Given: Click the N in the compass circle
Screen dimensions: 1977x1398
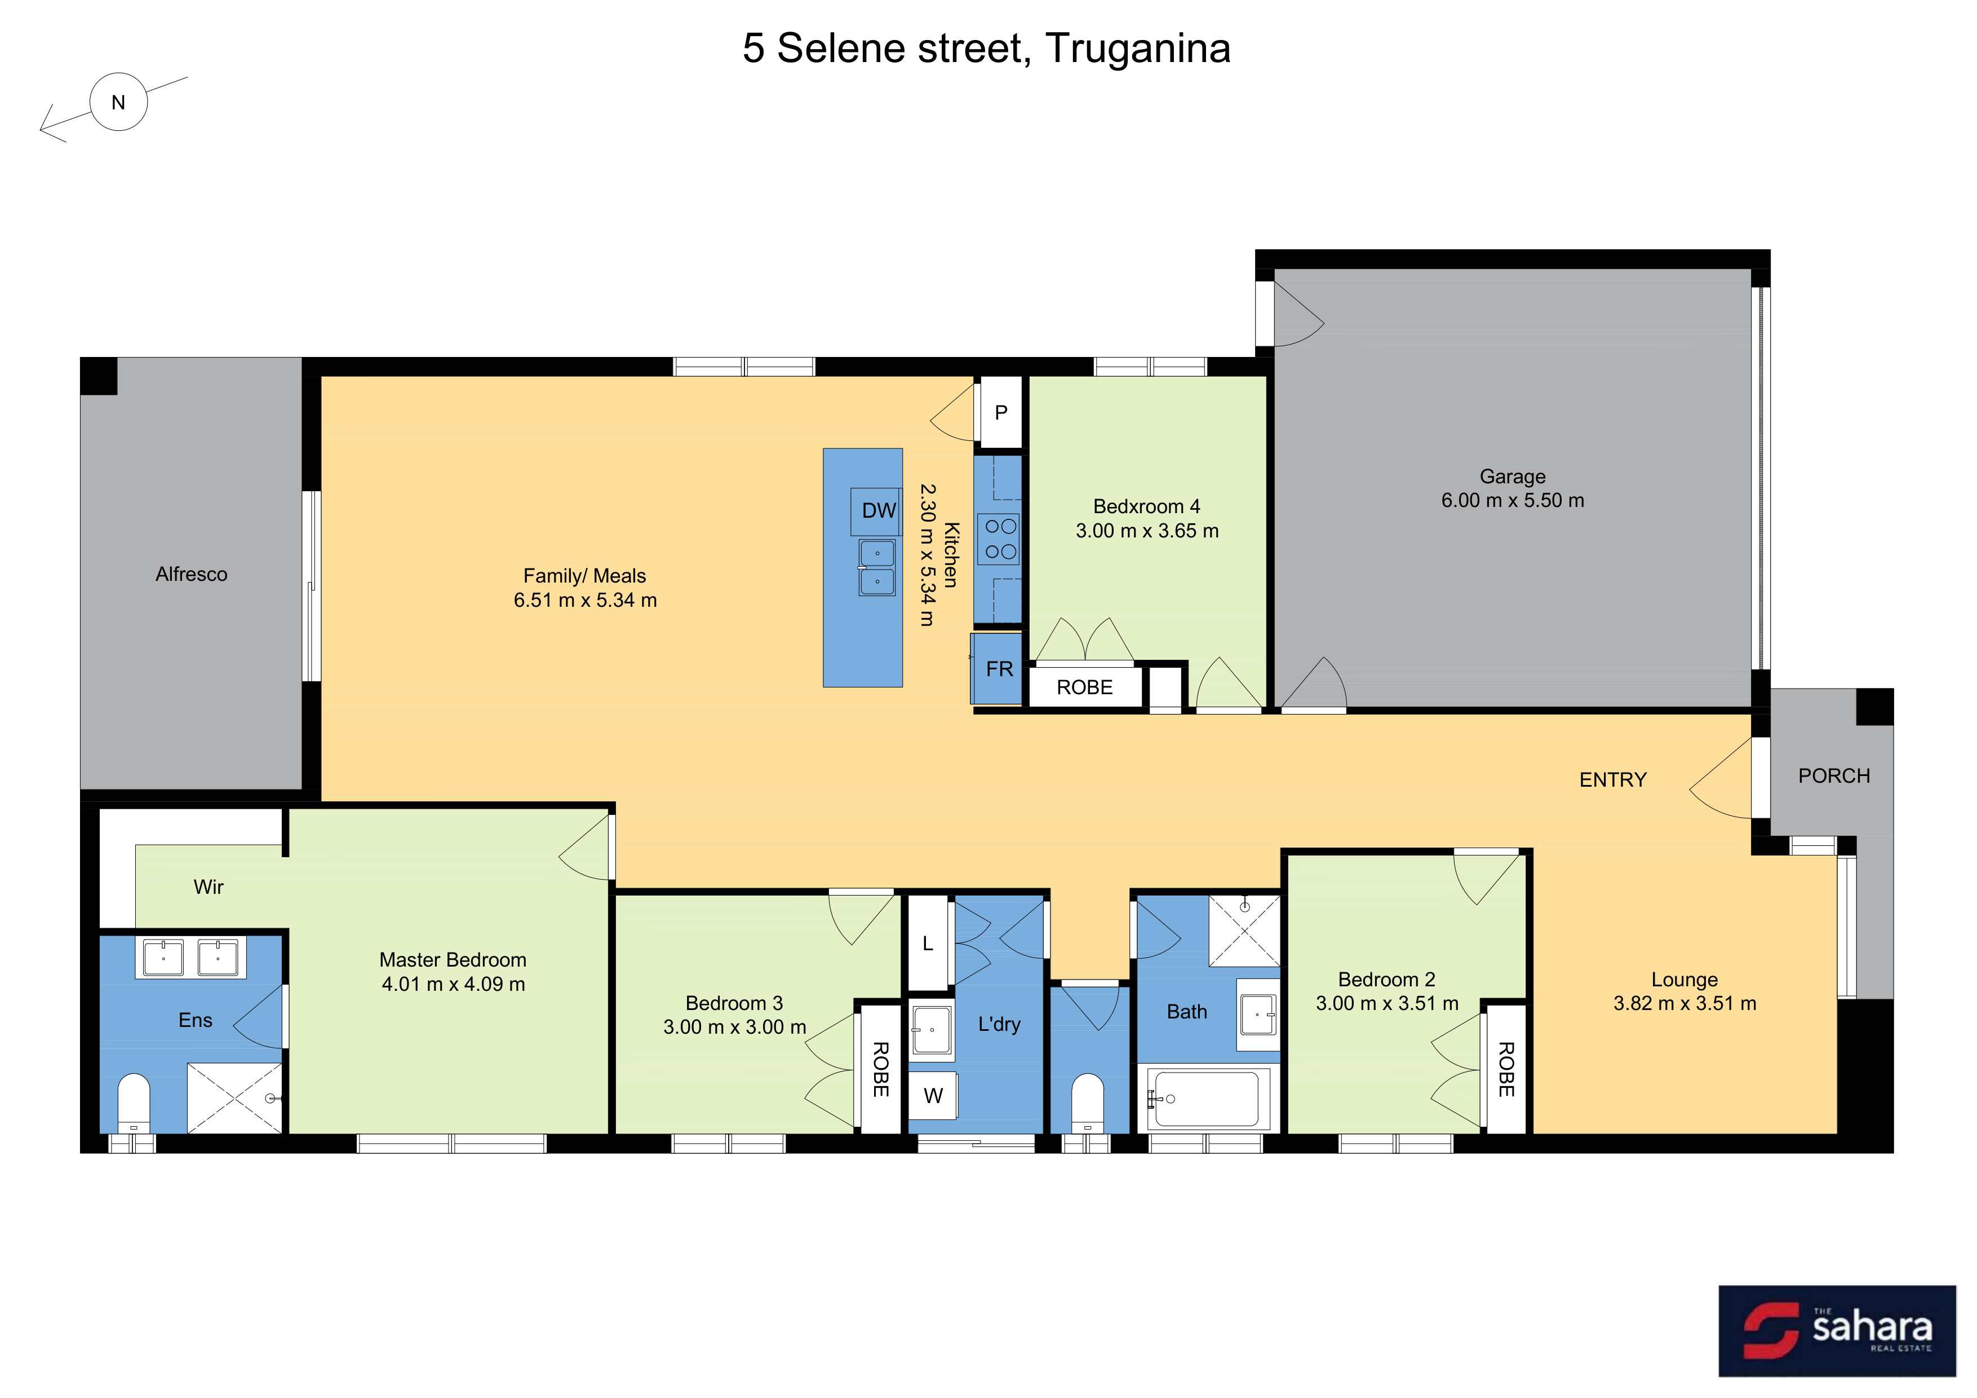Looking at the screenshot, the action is [x=119, y=103].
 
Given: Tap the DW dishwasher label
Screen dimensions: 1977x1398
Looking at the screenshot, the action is [x=879, y=511].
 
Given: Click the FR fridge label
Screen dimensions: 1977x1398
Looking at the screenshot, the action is [x=1000, y=669].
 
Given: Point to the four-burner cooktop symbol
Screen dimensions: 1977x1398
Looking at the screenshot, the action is [x=1000, y=539].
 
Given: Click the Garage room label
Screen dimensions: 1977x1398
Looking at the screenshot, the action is [x=1512, y=477].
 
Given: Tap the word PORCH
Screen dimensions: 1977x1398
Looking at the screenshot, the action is [x=1834, y=776].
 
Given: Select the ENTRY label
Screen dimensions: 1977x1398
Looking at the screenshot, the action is [x=1613, y=779].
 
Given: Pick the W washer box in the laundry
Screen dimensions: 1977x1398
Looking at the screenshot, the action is [x=933, y=1095].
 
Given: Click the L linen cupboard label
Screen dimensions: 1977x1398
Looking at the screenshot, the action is [x=928, y=944].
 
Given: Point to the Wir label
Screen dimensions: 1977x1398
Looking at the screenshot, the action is [x=209, y=887].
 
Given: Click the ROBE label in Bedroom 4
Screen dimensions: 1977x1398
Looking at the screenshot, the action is [x=1085, y=687].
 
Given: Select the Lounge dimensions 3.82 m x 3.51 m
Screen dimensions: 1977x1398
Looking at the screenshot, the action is [x=1685, y=1003].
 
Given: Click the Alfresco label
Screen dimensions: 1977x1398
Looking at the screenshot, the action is [x=191, y=575].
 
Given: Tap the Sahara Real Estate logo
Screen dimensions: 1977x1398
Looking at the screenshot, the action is [x=1837, y=1331].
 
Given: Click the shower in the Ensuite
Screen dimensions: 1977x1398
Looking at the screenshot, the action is [x=235, y=1098].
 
